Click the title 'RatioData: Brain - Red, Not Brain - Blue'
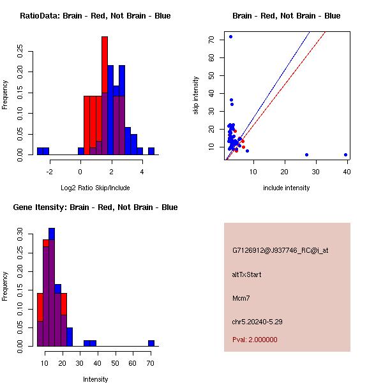point(95,15)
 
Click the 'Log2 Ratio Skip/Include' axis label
point(94,188)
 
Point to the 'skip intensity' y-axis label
point(196,96)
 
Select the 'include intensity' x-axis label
point(286,188)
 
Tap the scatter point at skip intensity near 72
point(230,36)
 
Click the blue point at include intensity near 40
point(345,154)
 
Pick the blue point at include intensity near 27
point(306,154)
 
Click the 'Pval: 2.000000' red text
point(255,340)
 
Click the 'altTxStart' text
point(247,274)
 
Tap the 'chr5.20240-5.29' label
point(257,322)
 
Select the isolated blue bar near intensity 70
point(151,343)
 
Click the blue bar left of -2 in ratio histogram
point(43,151)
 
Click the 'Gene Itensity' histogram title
point(95,207)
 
